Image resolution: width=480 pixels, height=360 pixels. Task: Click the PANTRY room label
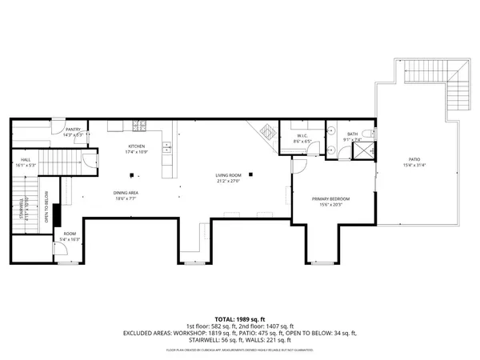(x=74, y=129)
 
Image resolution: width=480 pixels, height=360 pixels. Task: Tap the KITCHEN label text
(x=137, y=146)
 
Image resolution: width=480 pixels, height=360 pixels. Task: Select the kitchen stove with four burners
(x=138, y=125)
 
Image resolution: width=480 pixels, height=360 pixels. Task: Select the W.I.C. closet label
(x=302, y=136)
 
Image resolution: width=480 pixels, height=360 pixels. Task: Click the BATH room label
(x=352, y=134)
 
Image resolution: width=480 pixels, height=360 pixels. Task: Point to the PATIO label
(x=416, y=160)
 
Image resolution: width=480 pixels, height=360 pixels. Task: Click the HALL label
(x=26, y=160)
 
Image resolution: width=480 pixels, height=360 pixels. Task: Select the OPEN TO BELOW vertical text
(x=47, y=206)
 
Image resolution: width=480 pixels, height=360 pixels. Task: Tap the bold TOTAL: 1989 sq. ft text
(x=239, y=318)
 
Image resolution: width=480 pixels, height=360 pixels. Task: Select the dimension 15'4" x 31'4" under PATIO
(x=416, y=166)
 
